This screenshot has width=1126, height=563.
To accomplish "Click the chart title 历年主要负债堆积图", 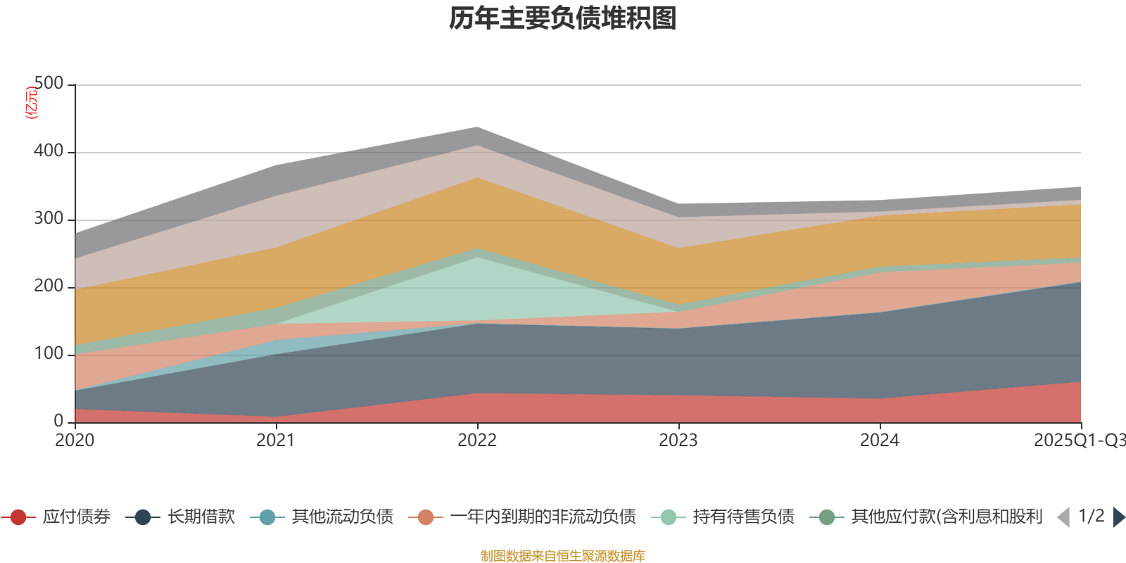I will coord(563,18).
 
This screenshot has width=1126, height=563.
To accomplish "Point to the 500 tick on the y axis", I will coord(49,84).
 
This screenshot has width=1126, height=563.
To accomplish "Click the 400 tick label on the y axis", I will coord(49,151).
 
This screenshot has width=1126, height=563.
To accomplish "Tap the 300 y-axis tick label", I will coord(49,219).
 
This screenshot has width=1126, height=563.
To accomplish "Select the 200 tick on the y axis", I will coord(49,286).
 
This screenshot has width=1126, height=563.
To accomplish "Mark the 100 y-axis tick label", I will coord(49,354).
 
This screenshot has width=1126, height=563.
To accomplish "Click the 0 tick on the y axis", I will coord(58,422).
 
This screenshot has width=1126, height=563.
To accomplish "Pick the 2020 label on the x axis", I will coord(75,441).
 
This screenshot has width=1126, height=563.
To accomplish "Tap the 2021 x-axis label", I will coord(276,441).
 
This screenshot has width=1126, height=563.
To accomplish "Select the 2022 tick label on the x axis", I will coord(477,441).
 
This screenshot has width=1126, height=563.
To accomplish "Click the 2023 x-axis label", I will coord(678,441).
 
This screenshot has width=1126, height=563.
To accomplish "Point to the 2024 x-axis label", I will coord(880,441).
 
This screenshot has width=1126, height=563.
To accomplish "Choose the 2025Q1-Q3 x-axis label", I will coord(1079,441).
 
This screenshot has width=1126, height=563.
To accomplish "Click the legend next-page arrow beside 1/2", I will coord(1118,517).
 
